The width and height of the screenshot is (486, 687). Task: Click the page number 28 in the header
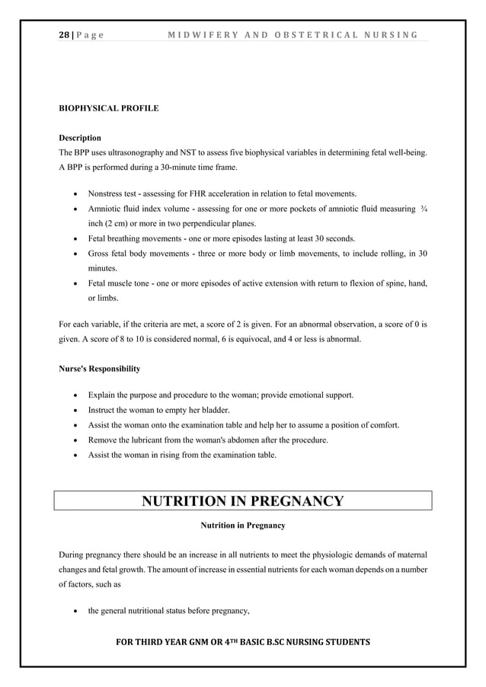click(x=65, y=34)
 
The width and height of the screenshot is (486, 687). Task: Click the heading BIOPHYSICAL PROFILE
click(x=109, y=108)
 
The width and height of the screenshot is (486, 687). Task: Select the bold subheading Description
click(x=80, y=138)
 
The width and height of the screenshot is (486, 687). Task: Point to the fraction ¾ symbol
click(x=424, y=208)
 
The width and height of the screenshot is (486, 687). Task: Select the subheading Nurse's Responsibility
click(x=100, y=369)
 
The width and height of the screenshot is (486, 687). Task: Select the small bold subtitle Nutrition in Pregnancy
click(x=243, y=526)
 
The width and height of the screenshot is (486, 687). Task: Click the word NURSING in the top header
click(x=391, y=34)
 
